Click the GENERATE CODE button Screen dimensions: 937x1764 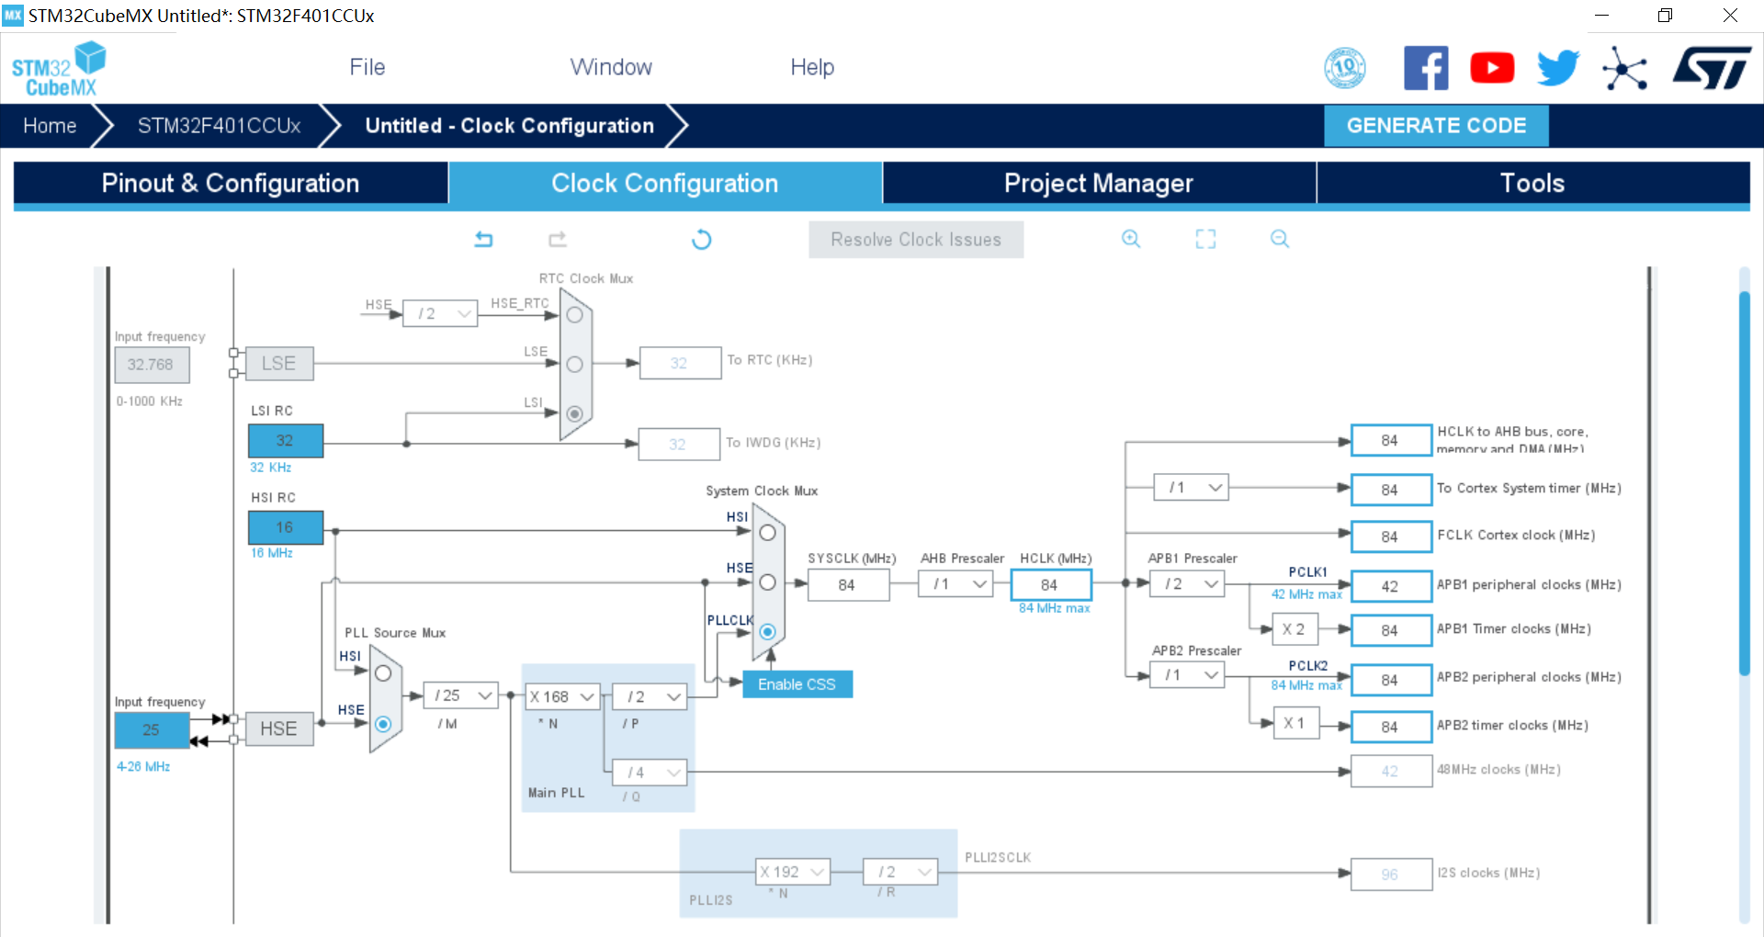pos(1435,126)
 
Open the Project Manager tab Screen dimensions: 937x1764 pos(1098,183)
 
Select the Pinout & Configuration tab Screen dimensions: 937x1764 pos(230,183)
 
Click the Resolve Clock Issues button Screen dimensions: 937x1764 pos(915,240)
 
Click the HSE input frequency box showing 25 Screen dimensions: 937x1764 pos(152,729)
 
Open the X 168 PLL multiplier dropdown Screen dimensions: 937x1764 pos(562,696)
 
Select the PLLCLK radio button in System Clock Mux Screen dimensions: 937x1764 pos(768,632)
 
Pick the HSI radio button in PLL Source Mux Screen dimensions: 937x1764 pos(383,673)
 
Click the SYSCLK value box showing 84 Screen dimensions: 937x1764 pos(847,585)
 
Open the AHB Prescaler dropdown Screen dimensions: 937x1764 pos(955,584)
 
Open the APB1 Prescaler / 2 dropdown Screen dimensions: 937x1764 pos(1187,584)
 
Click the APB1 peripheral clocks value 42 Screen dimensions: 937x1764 pos(1390,586)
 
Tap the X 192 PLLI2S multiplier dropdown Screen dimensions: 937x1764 pos(793,872)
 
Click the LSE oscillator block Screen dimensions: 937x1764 pos(279,364)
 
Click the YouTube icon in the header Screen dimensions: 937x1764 pos(1492,68)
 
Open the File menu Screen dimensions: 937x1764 pos(367,67)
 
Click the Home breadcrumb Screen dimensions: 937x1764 pos(50,126)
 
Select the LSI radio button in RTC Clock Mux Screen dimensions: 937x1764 pos(575,414)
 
